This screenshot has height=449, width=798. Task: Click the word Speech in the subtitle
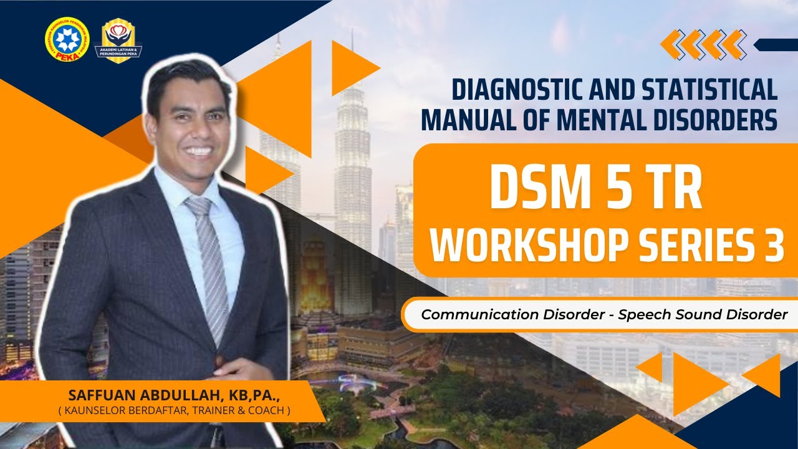coord(644,314)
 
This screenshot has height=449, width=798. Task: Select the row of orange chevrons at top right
coord(703,44)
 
